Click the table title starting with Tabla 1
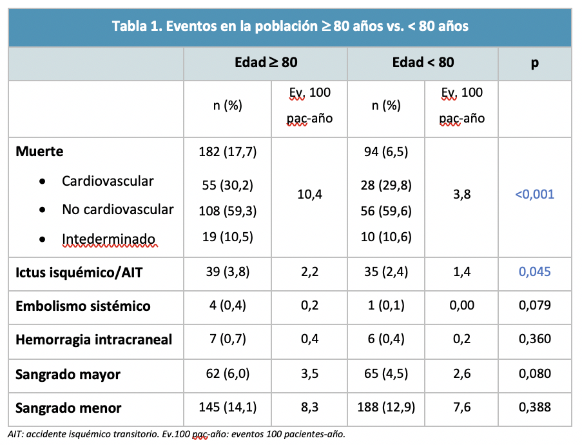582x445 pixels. [x=290, y=26]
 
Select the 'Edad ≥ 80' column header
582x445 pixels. [x=266, y=63]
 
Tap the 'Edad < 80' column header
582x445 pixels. [x=423, y=63]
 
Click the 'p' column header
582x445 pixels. [x=535, y=63]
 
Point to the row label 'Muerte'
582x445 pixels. [x=39, y=152]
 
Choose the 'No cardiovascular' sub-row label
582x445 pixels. [x=118, y=210]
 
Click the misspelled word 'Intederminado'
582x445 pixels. [x=109, y=239]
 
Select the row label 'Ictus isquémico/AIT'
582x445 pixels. [x=79, y=272]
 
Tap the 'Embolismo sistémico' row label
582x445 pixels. [x=83, y=306]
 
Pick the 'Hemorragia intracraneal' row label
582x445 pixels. [x=94, y=340]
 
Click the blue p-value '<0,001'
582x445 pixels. [x=534, y=194]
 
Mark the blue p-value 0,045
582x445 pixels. [x=535, y=272]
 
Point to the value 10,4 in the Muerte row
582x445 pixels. [x=309, y=194]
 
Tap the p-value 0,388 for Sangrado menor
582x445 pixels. [x=535, y=408]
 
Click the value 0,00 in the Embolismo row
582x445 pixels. [x=461, y=306]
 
